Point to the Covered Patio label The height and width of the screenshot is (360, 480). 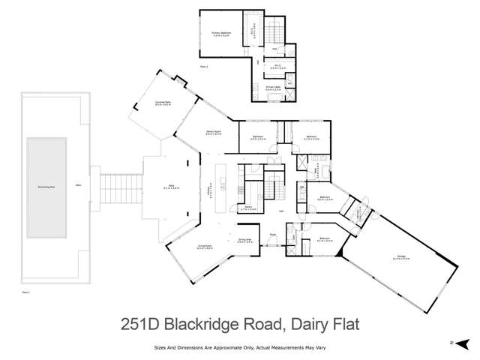click(153, 105)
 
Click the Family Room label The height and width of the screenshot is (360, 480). click(212, 131)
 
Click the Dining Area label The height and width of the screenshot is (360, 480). click(244, 240)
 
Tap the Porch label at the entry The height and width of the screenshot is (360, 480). click(273, 234)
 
